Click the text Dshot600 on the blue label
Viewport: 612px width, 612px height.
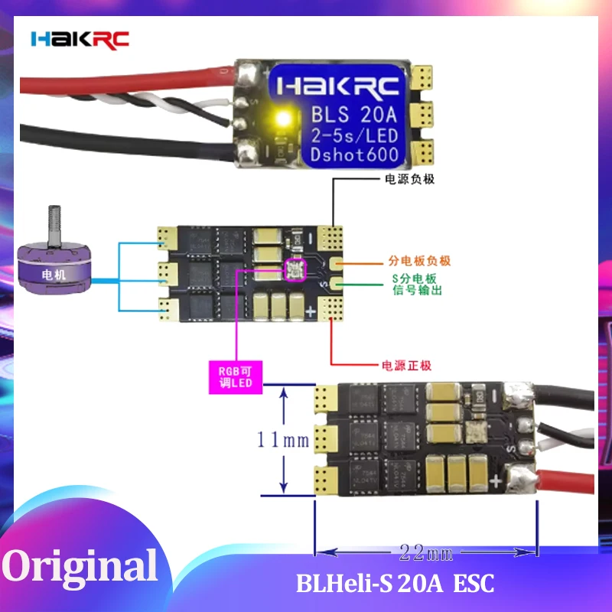(353, 155)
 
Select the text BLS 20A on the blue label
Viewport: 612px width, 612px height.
(353, 115)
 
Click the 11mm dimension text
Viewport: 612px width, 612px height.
(283, 440)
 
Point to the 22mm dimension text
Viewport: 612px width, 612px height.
(425, 552)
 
